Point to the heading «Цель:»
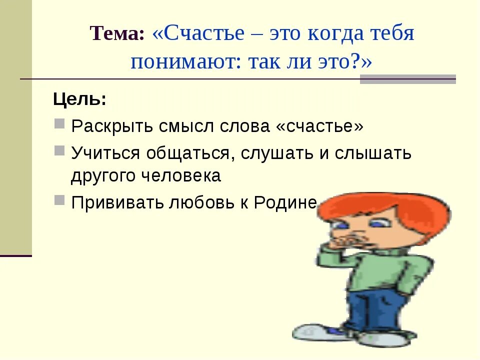(79, 99)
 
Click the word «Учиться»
(105, 153)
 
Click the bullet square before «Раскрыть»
(59, 123)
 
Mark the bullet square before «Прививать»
(59, 199)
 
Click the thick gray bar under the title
(407, 79)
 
